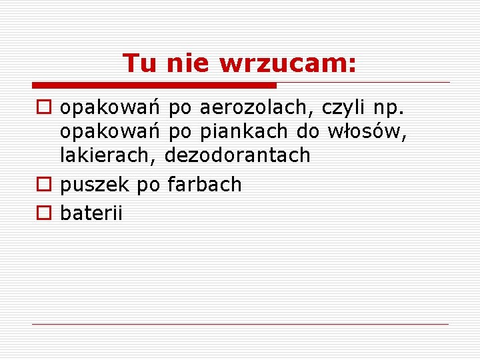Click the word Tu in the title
click(141, 63)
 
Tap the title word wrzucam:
click(288, 63)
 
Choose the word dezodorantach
click(237, 155)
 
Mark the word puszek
click(95, 185)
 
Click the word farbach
click(204, 184)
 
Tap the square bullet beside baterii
click(44, 213)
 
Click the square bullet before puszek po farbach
click(44, 185)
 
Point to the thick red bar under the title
click(154, 85)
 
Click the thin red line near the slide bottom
click(240, 325)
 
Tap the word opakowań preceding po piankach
click(110, 131)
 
